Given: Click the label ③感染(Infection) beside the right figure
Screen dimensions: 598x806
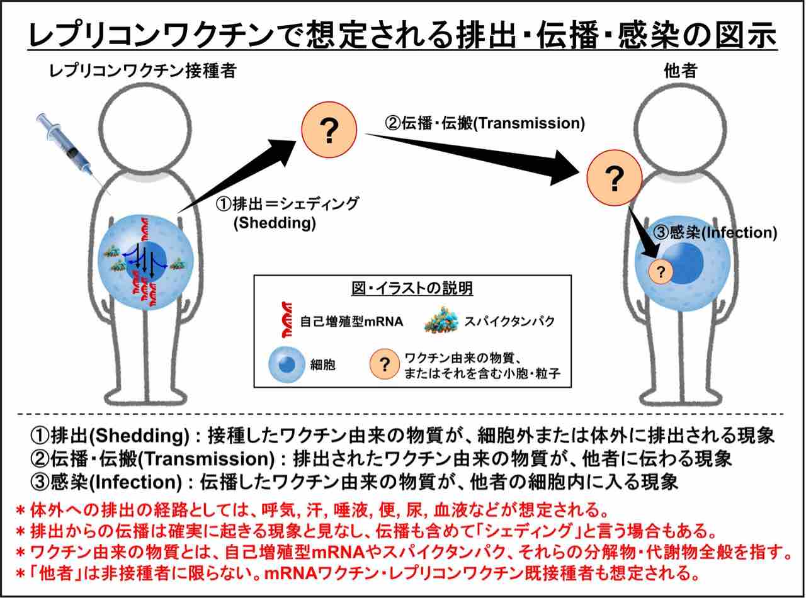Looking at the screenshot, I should [715, 232].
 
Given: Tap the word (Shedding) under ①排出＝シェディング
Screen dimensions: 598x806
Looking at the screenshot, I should [274, 223].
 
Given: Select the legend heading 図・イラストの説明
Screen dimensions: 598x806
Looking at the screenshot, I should [412, 289].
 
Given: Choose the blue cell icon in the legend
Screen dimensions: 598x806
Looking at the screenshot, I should [288, 364].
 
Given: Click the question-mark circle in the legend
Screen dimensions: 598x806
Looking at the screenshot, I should [386, 364].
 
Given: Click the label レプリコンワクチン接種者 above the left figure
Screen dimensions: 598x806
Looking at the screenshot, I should [143, 71].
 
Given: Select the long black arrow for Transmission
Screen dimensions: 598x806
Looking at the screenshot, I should [479, 154].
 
